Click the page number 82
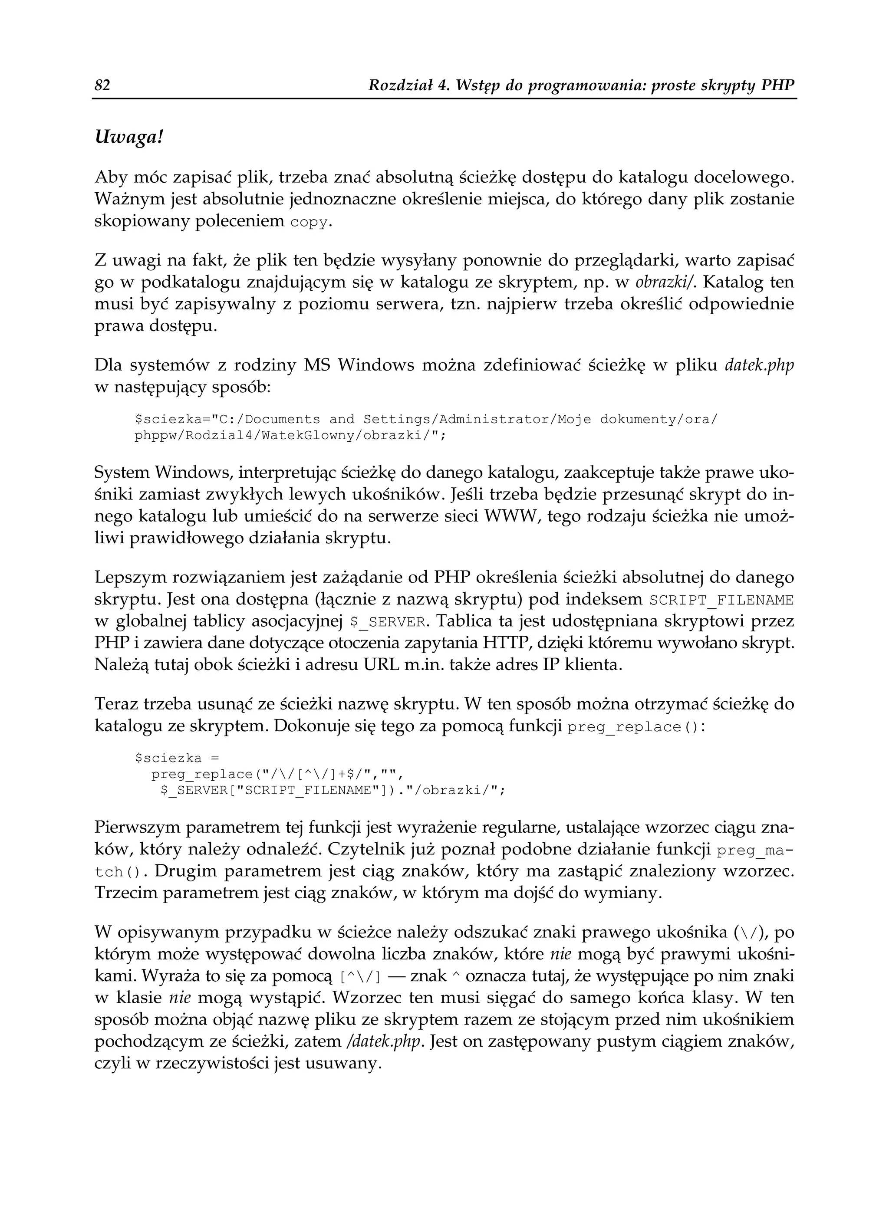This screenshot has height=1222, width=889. pos(102,85)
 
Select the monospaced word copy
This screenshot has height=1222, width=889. pos(308,223)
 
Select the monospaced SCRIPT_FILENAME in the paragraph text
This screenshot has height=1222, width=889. pos(722,600)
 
